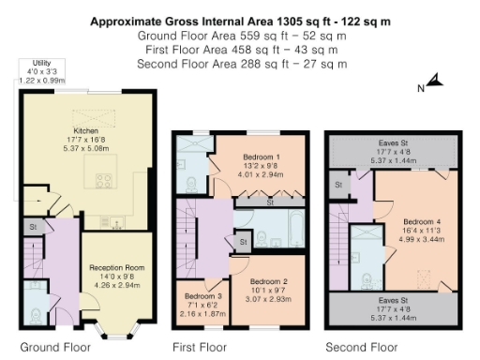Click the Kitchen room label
pos(86,130)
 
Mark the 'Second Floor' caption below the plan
pos(362,347)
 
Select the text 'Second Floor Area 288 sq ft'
pos(208,64)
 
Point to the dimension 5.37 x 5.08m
pos(86,149)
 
